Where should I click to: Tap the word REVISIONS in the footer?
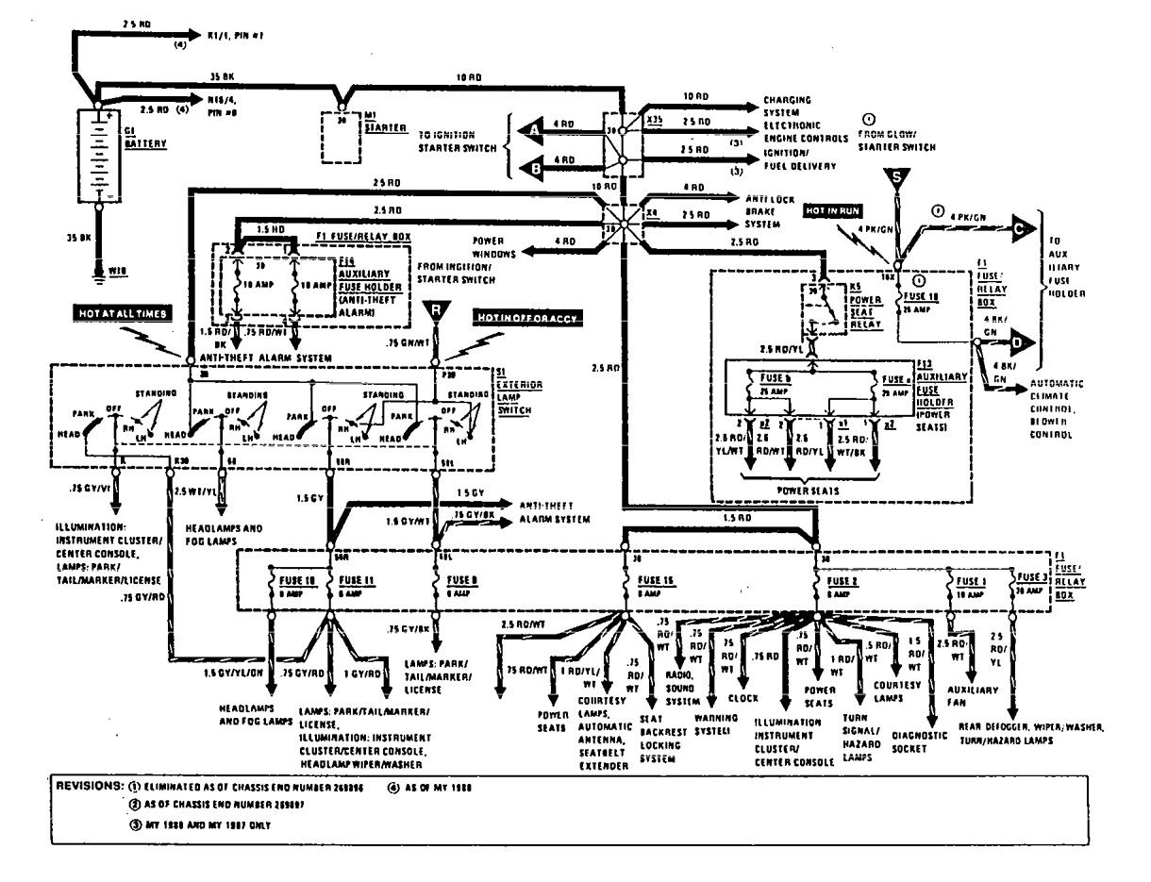coord(87,786)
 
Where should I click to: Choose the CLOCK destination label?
coord(744,700)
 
